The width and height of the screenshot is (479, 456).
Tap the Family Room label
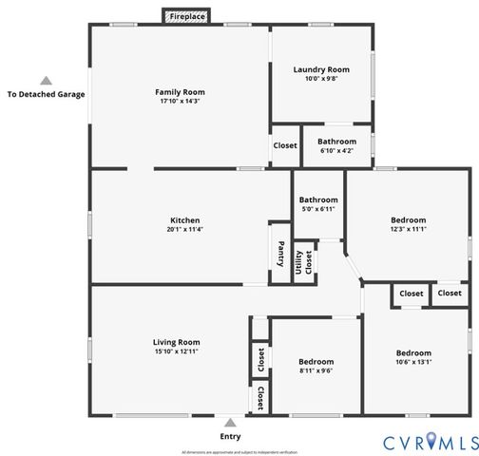tap(181, 92)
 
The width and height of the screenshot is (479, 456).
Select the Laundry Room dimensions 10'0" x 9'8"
tap(320, 79)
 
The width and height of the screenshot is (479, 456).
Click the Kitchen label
tap(184, 219)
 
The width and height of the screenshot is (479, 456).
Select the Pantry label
tap(280, 254)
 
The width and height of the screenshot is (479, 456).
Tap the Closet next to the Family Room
tap(285, 145)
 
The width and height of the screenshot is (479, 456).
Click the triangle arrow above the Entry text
tap(229, 423)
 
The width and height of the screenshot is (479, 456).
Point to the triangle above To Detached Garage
tap(46, 81)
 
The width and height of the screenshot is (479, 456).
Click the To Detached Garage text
tap(46, 94)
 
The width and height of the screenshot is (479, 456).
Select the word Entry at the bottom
tap(230, 436)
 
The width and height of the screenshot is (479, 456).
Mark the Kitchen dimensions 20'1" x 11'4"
tap(184, 229)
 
